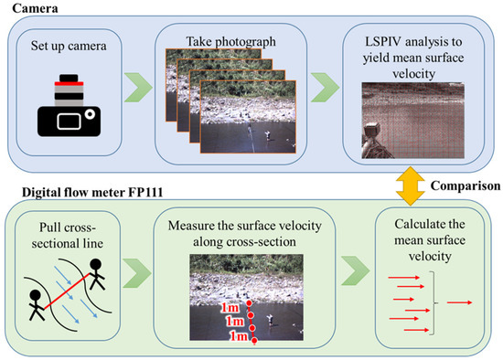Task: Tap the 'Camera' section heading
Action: coord(31,7)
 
